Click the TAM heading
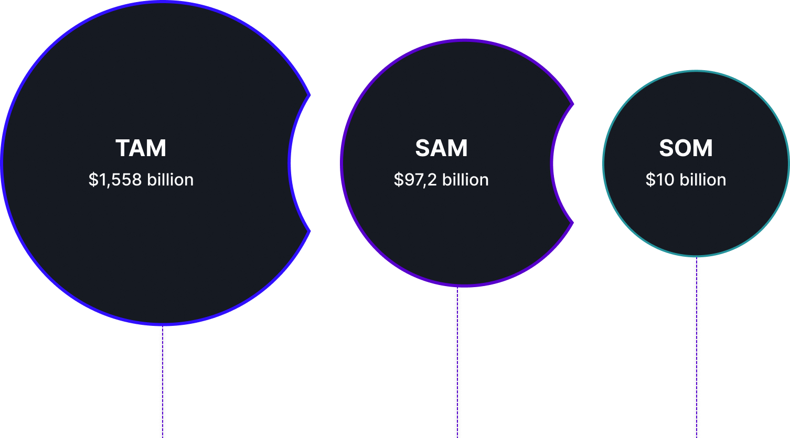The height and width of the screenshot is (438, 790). (141, 148)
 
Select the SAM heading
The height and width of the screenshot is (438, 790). (441, 148)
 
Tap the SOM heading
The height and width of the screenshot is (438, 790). (686, 148)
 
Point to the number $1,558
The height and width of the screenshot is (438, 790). (115, 180)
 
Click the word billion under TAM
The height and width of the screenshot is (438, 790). (170, 180)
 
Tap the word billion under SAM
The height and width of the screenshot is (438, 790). (465, 180)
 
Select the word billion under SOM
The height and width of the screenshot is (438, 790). (703, 180)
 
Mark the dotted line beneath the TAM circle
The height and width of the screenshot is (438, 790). (163, 382)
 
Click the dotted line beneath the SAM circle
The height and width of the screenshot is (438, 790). (457, 362)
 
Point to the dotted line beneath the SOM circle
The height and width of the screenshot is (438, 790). (696, 346)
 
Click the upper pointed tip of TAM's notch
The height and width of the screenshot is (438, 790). (310, 95)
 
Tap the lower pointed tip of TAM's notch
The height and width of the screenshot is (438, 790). (310, 231)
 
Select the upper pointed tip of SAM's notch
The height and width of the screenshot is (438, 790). (572, 104)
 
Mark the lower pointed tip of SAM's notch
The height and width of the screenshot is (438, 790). (572, 223)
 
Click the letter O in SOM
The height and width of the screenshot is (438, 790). (685, 148)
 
